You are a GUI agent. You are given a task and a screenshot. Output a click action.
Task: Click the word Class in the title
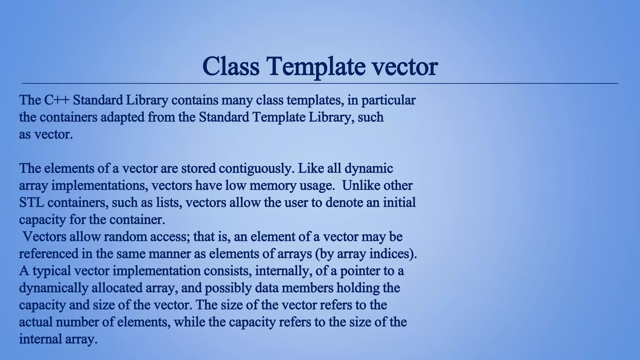pyautogui.click(x=231, y=66)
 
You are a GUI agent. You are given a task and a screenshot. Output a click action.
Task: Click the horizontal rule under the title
pyautogui.click(x=320, y=83)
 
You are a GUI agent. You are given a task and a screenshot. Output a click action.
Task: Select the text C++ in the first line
pyautogui.click(x=57, y=100)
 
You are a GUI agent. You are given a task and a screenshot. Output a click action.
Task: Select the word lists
pyautogui.click(x=169, y=202)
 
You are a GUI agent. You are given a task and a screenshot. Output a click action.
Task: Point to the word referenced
pyautogui.click(x=48, y=253)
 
